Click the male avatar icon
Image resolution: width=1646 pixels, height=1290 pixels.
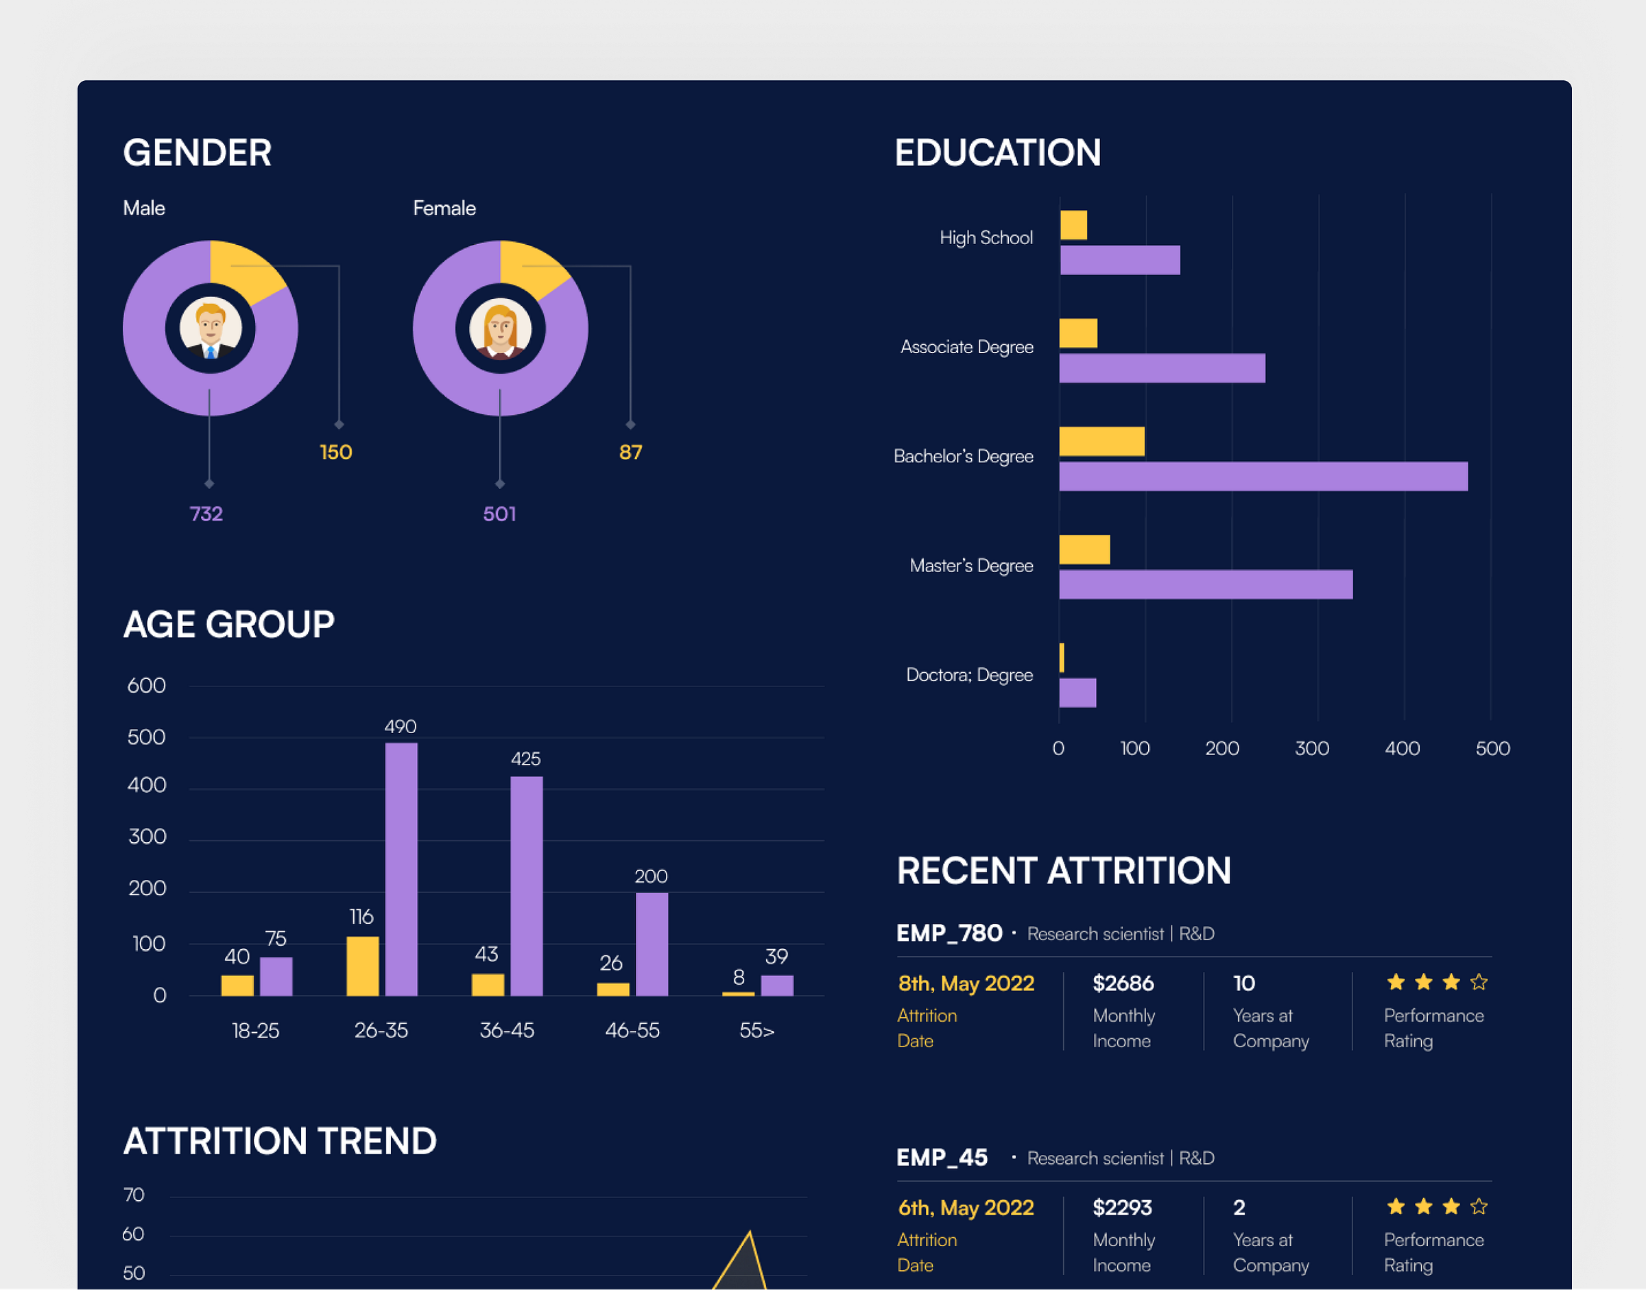tap(210, 329)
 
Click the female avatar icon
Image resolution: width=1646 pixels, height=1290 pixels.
tap(500, 329)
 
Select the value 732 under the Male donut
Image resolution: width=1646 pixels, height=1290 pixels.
tap(206, 514)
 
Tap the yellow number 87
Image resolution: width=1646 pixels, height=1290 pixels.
tap(630, 453)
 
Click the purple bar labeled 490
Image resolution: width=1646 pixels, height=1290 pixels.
tap(401, 868)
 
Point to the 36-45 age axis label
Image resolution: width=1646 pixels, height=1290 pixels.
tap(506, 1030)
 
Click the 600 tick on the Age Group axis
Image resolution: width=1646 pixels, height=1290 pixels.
tap(147, 686)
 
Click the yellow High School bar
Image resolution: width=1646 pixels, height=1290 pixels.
tap(1073, 225)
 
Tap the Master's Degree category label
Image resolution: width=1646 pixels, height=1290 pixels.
tap(970, 566)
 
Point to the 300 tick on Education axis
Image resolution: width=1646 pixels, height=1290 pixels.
tap(1311, 748)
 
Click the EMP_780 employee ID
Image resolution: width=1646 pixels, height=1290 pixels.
tap(949, 933)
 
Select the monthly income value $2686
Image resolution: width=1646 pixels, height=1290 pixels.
tap(1123, 983)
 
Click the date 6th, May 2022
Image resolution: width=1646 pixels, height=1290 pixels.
tap(966, 1208)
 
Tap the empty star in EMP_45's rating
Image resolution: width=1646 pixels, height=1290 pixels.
tap(1478, 1207)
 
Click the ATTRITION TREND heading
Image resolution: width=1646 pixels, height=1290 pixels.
tap(280, 1141)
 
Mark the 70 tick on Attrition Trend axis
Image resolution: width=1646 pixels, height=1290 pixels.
tap(134, 1195)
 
